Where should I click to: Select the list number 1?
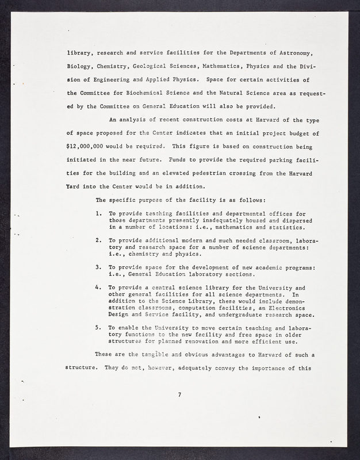coord(99,213)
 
